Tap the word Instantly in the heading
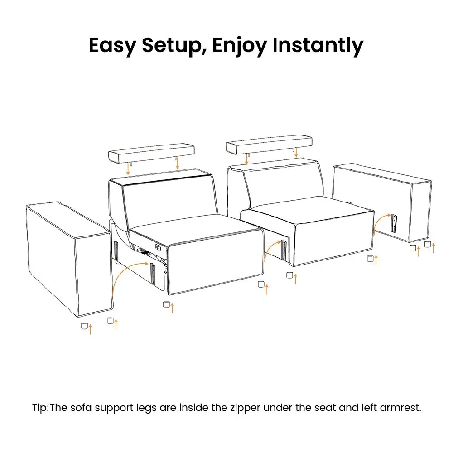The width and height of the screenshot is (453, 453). (318, 46)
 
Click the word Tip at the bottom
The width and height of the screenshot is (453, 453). (39, 408)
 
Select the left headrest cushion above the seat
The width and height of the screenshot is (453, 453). (151, 153)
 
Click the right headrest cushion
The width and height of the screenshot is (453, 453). (269, 145)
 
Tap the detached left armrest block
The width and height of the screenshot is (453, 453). (69, 259)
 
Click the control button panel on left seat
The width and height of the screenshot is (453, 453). (158, 247)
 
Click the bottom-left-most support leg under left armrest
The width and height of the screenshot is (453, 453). (84, 326)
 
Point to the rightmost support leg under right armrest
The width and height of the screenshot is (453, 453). (428, 245)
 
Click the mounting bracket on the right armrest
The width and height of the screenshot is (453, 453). (394, 223)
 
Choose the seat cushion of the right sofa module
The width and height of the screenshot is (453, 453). (307, 210)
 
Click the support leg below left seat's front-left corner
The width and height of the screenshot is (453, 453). (166, 304)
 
